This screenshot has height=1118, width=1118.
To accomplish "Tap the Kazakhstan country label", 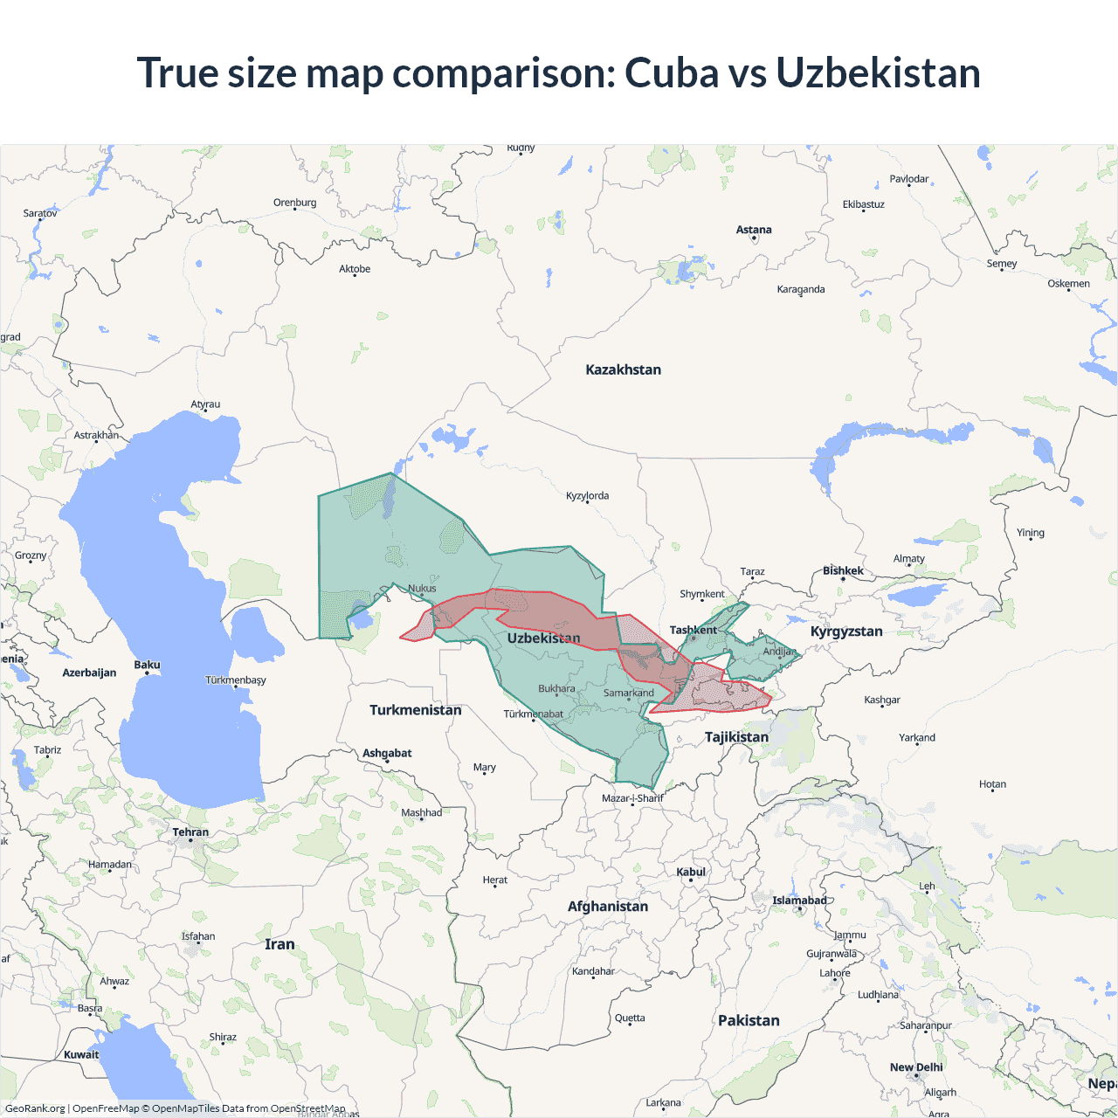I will pyautogui.click(x=623, y=369).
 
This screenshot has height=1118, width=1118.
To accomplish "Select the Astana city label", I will pyautogui.click(x=753, y=230).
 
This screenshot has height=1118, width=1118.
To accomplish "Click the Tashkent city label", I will pyautogui.click(x=693, y=630).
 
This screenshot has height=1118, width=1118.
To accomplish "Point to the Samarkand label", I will pyautogui.click(x=628, y=693).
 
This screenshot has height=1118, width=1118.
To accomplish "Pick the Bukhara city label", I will pyautogui.click(x=556, y=688).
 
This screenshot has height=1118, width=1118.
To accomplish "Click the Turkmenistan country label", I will pyautogui.click(x=415, y=710).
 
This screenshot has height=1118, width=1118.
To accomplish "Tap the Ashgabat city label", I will pyautogui.click(x=387, y=753).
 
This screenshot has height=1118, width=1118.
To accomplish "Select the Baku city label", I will pyautogui.click(x=147, y=665).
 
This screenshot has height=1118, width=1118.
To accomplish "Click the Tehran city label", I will pyautogui.click(x=190, y=832).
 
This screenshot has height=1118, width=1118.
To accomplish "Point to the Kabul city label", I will pyautogui.click(x=690, y=872).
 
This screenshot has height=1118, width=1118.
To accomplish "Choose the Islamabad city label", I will pyautogui.click(x=798, y=901).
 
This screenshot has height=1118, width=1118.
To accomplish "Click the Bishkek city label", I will pyautogui.click(x=843, y=570).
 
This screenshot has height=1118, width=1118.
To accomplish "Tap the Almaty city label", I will pyautogui.click(x=908, y=559).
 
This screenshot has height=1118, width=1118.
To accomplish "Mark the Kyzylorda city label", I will pyautogui.click(x=587, y=495).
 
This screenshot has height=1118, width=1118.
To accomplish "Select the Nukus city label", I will pyautogui.click(x=422, y=588).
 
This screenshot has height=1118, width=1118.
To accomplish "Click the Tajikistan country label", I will pyautogui.click(x=736, y=737).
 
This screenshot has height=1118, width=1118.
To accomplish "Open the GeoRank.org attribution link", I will pyautogui.click(x=35, y=1108).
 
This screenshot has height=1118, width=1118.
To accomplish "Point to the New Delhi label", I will pyautogui.click(x=916, y=1067).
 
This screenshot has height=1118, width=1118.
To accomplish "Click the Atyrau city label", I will pyautogui.click(x=205, y=404).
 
